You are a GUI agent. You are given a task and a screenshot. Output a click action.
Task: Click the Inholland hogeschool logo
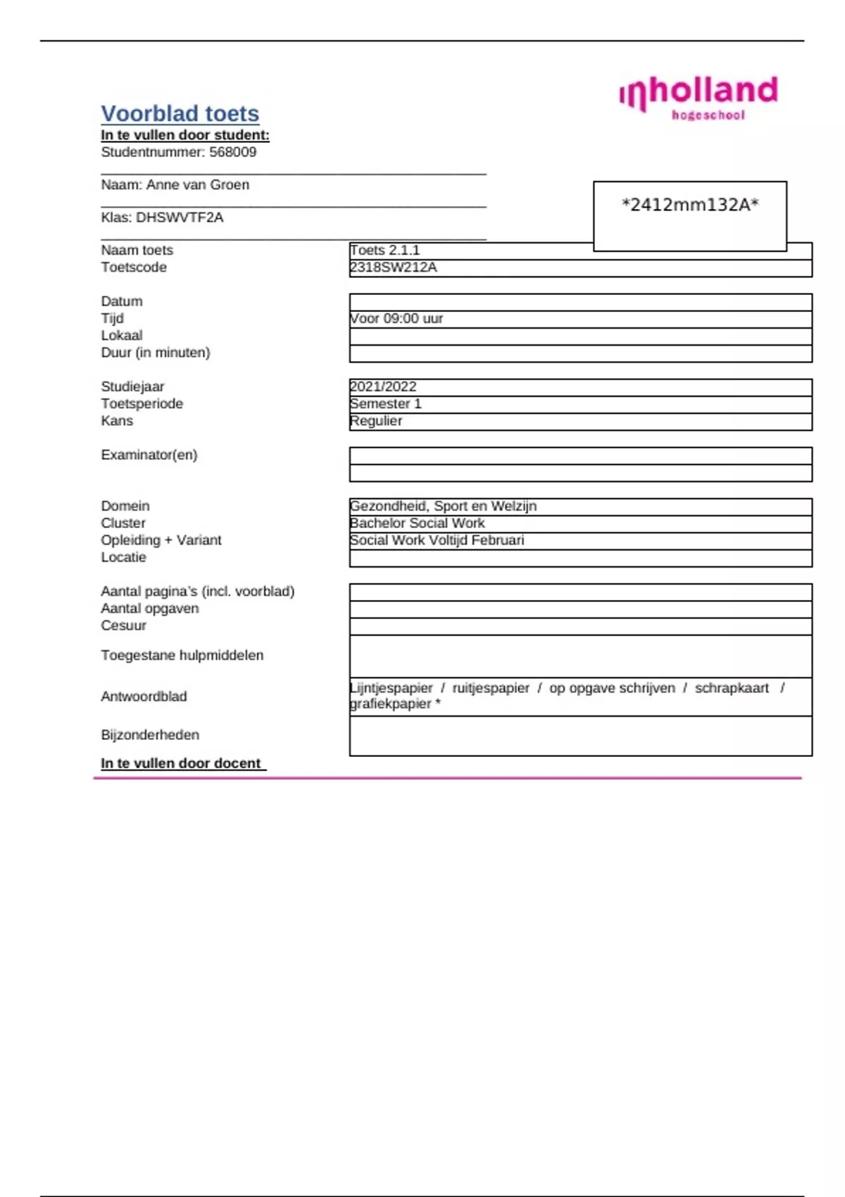699,97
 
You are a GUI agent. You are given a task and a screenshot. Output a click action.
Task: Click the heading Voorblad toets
180,113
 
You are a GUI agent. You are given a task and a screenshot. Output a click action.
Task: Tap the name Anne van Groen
197,184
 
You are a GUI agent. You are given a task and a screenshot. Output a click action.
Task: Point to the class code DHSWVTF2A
180,218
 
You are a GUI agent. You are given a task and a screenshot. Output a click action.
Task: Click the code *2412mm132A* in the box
690,205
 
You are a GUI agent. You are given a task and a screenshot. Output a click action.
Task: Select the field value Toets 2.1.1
384,250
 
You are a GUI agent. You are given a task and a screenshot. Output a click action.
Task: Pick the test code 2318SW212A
394,268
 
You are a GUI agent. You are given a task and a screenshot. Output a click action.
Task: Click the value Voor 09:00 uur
396,318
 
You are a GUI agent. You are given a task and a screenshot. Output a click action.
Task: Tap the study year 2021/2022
383,387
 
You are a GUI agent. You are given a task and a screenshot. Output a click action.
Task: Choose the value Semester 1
385,403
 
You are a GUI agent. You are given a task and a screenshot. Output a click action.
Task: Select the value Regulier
376,421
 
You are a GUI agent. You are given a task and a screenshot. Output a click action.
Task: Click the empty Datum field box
580,302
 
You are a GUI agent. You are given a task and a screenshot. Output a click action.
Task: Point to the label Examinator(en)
149,455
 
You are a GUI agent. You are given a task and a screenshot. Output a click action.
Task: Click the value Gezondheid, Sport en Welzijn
443,506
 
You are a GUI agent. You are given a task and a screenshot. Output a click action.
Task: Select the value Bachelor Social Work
417,523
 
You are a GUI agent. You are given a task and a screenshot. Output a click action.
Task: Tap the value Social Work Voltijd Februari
437,540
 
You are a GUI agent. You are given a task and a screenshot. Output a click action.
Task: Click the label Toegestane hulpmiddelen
182,656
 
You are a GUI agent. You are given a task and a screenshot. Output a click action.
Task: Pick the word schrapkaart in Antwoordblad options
732,688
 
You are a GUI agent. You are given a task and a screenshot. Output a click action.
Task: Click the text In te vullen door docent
181,763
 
